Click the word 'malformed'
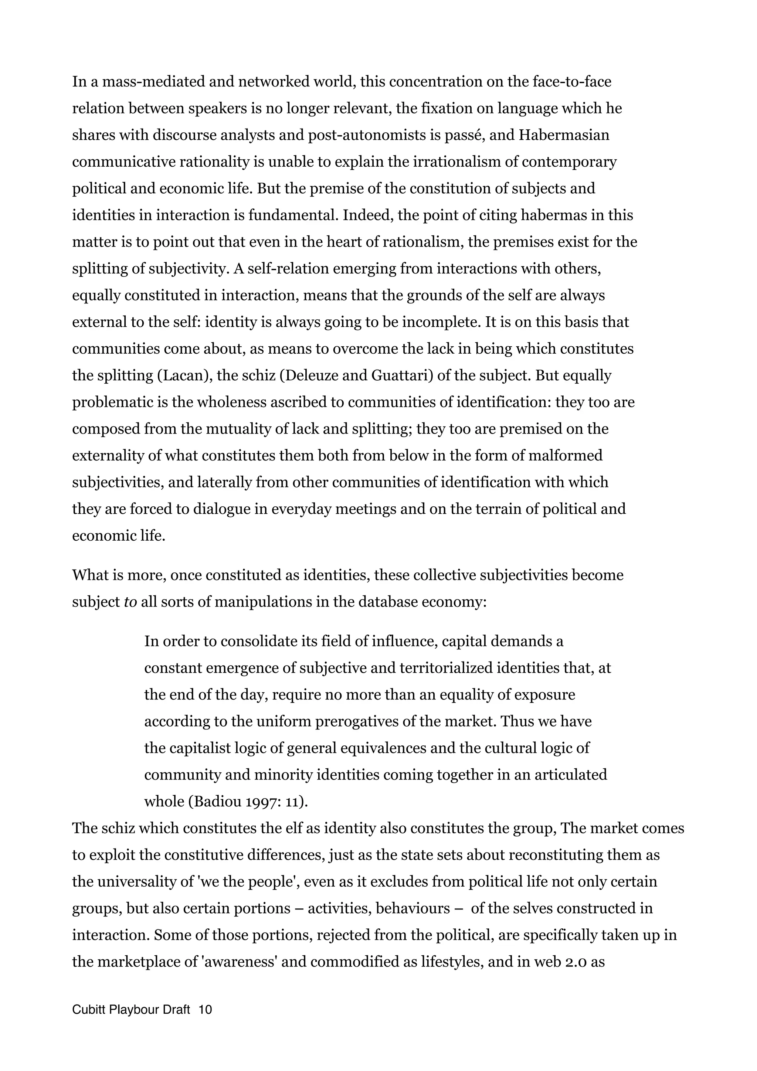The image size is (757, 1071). (565, 455)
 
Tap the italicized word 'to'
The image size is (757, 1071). (130, 602)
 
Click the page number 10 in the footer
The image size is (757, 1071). (205, 1010)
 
